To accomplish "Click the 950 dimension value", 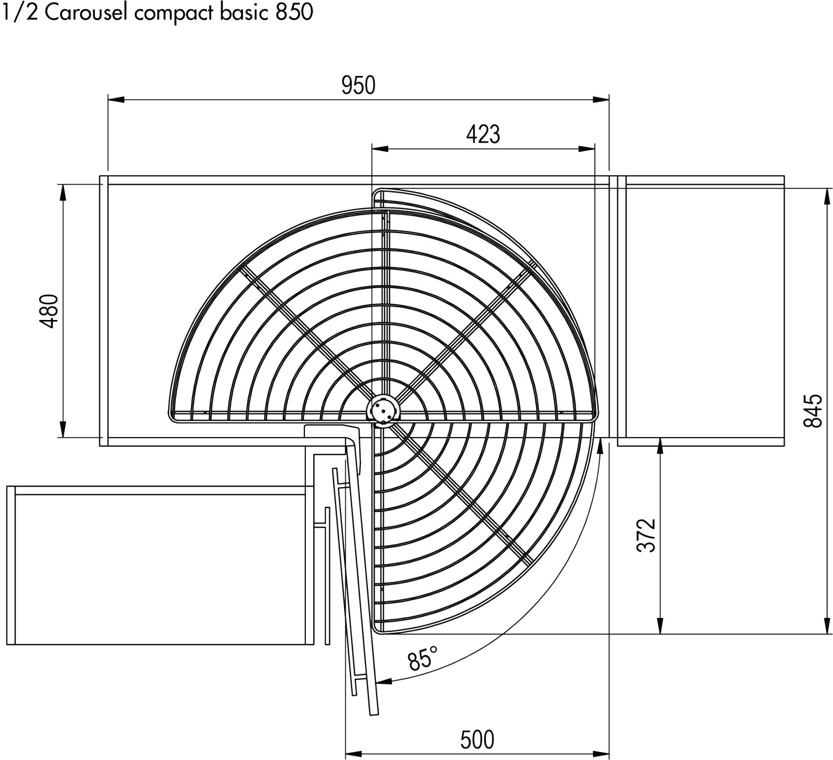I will (x=359, y=85).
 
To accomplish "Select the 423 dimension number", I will (x=483, y=134).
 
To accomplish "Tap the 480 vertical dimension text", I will (x=49, y=311).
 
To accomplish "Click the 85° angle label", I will (x=422, y=658).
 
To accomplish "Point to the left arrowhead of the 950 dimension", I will (x=116, y=99).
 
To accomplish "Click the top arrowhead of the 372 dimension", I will (x=661, y=446).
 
